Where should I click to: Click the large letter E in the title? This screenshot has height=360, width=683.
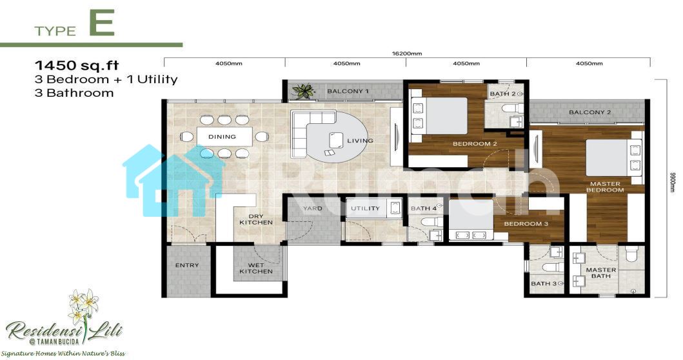tap(101, 23)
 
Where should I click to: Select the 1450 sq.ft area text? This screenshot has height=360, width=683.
tap(77, 65)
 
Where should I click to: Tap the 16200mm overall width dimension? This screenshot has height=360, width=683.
tap(407, 54)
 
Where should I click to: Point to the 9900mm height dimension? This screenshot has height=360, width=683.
tap(672, 182)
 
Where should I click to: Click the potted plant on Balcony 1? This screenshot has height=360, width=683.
tap(303, 91)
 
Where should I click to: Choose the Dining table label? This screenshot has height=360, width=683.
tap(222, 137)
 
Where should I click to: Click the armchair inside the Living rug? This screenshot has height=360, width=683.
tap(336, 140)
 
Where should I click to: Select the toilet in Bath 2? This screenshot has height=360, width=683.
tap(512, 108)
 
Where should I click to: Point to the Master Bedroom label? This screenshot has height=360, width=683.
tap(605, 187)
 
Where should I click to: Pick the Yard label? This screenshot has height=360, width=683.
tap(313, 209)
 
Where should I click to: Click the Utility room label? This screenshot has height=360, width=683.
tap(365, 209)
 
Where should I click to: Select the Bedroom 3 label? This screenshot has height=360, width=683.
tap(526, 224)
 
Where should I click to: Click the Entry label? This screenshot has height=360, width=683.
tap(187, 265)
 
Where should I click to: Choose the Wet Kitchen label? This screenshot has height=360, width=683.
tap(256, 268)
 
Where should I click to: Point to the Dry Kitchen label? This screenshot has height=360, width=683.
tap(256, 219)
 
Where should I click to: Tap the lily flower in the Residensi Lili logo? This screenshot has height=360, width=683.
tap(84, 305)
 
